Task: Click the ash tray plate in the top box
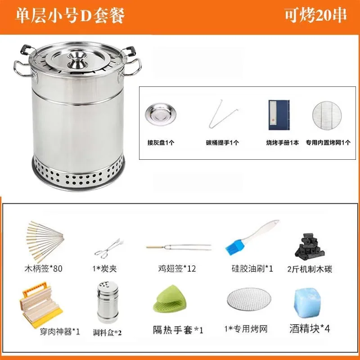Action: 157,116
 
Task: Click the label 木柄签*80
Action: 44,269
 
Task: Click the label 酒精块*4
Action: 310,328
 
